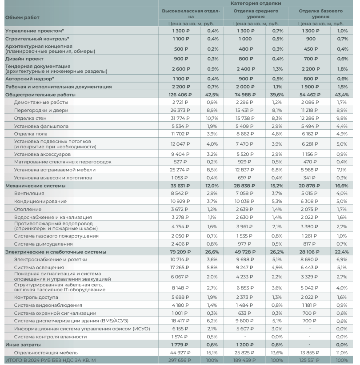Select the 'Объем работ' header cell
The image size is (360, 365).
pyautogui.click(x=22, y=17)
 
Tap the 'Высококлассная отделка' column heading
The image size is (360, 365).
pyautogui.click(x=191, y=13)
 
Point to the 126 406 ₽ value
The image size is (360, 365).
pyautogui.click(x=181, y=95)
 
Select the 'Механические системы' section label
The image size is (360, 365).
pyautogui.click(x=35, y=185)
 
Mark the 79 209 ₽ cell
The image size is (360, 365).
pyautogui.click(x=181, y=252)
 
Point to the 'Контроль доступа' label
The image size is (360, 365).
pyautogui.click(x=36, y=297)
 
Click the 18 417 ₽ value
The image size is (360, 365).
pyautogui.click(x=181, y=320)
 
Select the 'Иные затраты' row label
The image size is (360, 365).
pyautogui.click(x=23, y=345)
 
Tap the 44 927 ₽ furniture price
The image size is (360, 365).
pyautogui.click(x=181, y=353)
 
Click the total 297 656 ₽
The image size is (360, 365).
pyautogui.click(x=181, y=360)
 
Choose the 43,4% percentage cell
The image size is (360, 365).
pyautogui.click(x=342, y=95)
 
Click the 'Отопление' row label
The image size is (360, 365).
pyautogui.click(x=28, y=209)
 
